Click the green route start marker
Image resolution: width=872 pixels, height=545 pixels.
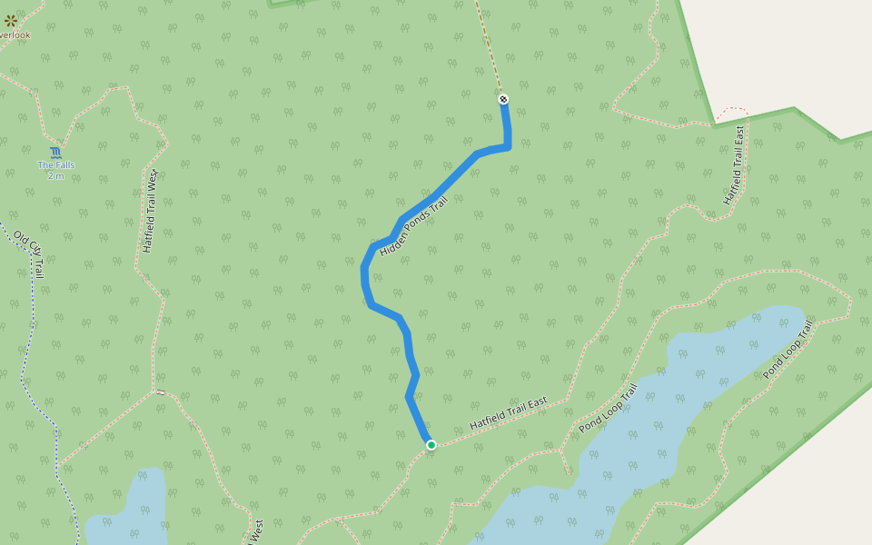point(431,444)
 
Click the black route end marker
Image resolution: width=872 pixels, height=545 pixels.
point(503,99)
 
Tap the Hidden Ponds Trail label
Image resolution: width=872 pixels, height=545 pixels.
point(414,225)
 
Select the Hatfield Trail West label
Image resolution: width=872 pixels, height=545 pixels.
point(151,211)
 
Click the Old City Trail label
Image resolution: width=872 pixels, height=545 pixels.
point(29,253)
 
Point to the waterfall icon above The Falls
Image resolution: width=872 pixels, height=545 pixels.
point(56,152)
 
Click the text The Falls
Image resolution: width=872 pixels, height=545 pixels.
point(55,164)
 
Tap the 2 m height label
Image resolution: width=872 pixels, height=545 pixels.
point(55,175)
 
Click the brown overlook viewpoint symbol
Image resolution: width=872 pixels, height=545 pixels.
point(11,20)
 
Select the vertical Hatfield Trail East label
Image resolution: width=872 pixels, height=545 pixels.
point(734,164)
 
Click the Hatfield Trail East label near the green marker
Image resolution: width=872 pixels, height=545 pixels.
point(509,413)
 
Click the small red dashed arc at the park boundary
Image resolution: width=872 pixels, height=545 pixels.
point(731,112)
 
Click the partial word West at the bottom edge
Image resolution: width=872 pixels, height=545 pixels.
point(257,532)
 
